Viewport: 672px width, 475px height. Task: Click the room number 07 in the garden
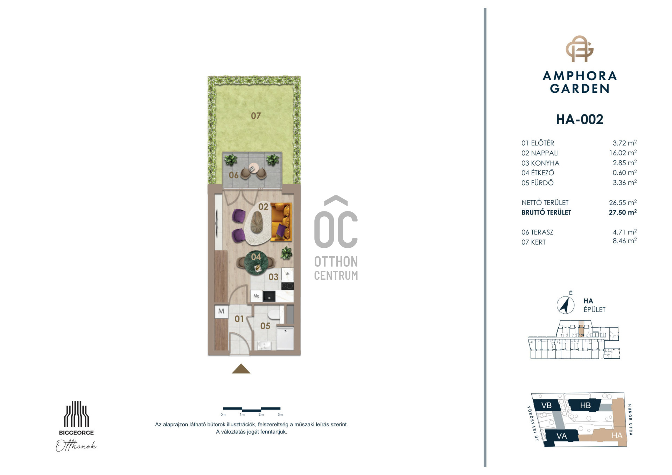point(256,116)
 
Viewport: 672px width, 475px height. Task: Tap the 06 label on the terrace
point(233,175)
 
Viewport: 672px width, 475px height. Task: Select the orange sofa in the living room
point(281,222)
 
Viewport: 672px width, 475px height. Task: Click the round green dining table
point(256,263)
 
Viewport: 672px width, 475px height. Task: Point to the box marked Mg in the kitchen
point(256,296)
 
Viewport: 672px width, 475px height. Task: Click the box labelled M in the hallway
point(221,311)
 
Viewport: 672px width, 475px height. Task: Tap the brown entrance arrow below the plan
point(241,369)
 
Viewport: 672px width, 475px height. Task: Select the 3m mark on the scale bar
point(280,414)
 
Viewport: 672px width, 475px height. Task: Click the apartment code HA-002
point(580,119)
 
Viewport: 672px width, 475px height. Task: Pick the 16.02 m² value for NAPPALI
point(623,153)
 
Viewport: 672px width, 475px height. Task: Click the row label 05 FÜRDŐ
point(537,183)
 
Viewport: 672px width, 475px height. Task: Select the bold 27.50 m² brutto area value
point(623,212)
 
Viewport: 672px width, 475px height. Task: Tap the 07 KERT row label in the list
point(533,242)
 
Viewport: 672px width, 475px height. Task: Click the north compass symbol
point(565,305)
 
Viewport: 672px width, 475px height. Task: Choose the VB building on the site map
point(546,405)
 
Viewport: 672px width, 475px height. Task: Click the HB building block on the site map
point(585,405)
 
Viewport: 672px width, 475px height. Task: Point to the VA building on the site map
point(561,436)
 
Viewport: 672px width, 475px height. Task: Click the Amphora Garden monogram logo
point(580,49)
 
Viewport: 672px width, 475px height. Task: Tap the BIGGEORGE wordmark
point(76,433)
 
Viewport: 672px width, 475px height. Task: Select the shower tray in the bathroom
point(285,338)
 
